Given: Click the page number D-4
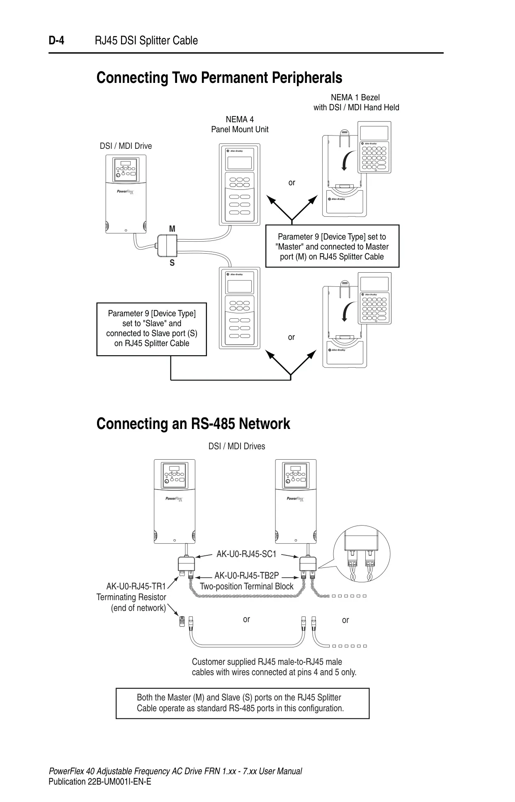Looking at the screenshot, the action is coord(56,41).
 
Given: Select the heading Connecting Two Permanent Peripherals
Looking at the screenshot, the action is coord(219,78).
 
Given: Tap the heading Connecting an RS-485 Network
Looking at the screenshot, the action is coord(193,424).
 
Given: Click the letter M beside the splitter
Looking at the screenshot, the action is coord(172,229).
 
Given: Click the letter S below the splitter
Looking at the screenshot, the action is coord(172,263).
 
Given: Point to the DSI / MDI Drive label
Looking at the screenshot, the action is coord(126,146).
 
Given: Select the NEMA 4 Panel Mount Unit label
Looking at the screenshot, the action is coord(240,124).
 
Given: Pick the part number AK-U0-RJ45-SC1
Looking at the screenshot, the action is coord(246,554).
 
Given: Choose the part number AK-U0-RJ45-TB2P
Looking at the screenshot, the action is coord(247,576).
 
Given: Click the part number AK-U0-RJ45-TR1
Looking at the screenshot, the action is coord(136,586).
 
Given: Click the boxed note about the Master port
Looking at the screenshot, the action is coord(332,247).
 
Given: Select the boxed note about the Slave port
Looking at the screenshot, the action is coord(152,329).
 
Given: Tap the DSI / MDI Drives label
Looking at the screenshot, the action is coord(237,446).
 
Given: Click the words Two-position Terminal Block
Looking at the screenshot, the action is coord(247,586).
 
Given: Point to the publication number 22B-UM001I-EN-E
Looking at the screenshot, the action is coord(100,782).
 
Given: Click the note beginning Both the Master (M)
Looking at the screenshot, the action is coord(243,703).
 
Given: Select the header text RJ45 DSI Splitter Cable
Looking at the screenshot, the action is coord(146,41).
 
